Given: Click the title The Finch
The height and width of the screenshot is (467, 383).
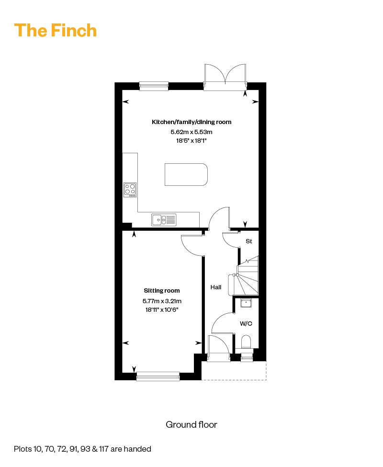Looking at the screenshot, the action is coord(56,30).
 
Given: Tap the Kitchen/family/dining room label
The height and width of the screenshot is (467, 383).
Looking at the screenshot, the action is coord(191,122).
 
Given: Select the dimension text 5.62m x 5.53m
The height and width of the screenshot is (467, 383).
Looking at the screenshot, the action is coord(191,132).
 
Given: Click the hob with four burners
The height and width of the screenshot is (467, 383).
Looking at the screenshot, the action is coord(130,190).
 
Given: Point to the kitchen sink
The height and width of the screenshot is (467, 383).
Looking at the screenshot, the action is coord(164,220).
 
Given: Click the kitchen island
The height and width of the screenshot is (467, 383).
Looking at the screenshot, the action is coord(186,174).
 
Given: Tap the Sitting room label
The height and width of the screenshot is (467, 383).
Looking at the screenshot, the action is coord(162,291).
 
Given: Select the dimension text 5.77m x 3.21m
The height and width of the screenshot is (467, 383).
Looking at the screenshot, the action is coord(162,301).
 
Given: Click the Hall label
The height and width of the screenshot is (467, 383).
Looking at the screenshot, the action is coord(216,287).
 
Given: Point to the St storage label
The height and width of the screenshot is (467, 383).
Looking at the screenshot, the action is coord(249,241).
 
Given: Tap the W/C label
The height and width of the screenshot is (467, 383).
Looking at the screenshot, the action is coord(246,323).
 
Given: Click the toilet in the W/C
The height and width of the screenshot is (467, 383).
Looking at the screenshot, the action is coord(246,342).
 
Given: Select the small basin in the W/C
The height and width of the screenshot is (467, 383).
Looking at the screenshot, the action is coord(246,303).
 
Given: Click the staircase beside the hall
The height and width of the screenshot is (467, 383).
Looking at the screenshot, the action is coord(247,275).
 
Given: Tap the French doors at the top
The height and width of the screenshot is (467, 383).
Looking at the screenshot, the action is coord(225,77).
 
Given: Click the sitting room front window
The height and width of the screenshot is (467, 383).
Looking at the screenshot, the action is coord(158,376).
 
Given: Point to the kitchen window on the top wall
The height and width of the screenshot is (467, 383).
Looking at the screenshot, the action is coord(154,86).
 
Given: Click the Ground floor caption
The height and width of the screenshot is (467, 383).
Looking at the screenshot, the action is coord(191,425).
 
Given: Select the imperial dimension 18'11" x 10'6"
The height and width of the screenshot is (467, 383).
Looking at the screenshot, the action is coord(162,310).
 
